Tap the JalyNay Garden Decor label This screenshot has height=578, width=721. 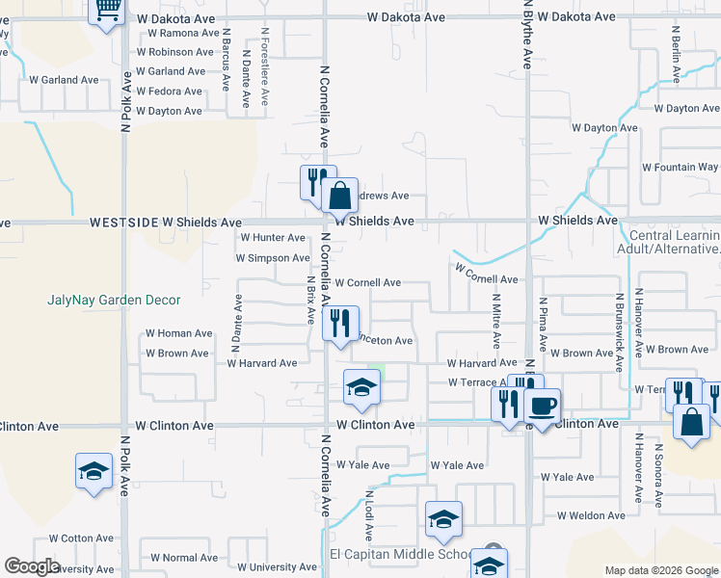pos(114,300)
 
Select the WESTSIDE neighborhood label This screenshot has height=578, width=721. pos(123,222)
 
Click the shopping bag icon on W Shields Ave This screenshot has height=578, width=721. pos(339,197)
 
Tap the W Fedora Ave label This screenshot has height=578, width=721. pos(169,92)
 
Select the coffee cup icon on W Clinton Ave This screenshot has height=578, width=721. pos(542,406)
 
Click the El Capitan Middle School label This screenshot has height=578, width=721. pos(401,554)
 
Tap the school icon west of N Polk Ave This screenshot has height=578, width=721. pos(93,471)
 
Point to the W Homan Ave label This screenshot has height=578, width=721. pos(178,333)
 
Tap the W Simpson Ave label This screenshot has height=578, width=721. pos(273,258)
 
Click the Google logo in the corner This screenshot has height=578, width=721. pos(32,566)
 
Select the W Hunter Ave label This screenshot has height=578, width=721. pos(273,237)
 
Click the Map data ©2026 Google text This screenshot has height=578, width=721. pos(660,570)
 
